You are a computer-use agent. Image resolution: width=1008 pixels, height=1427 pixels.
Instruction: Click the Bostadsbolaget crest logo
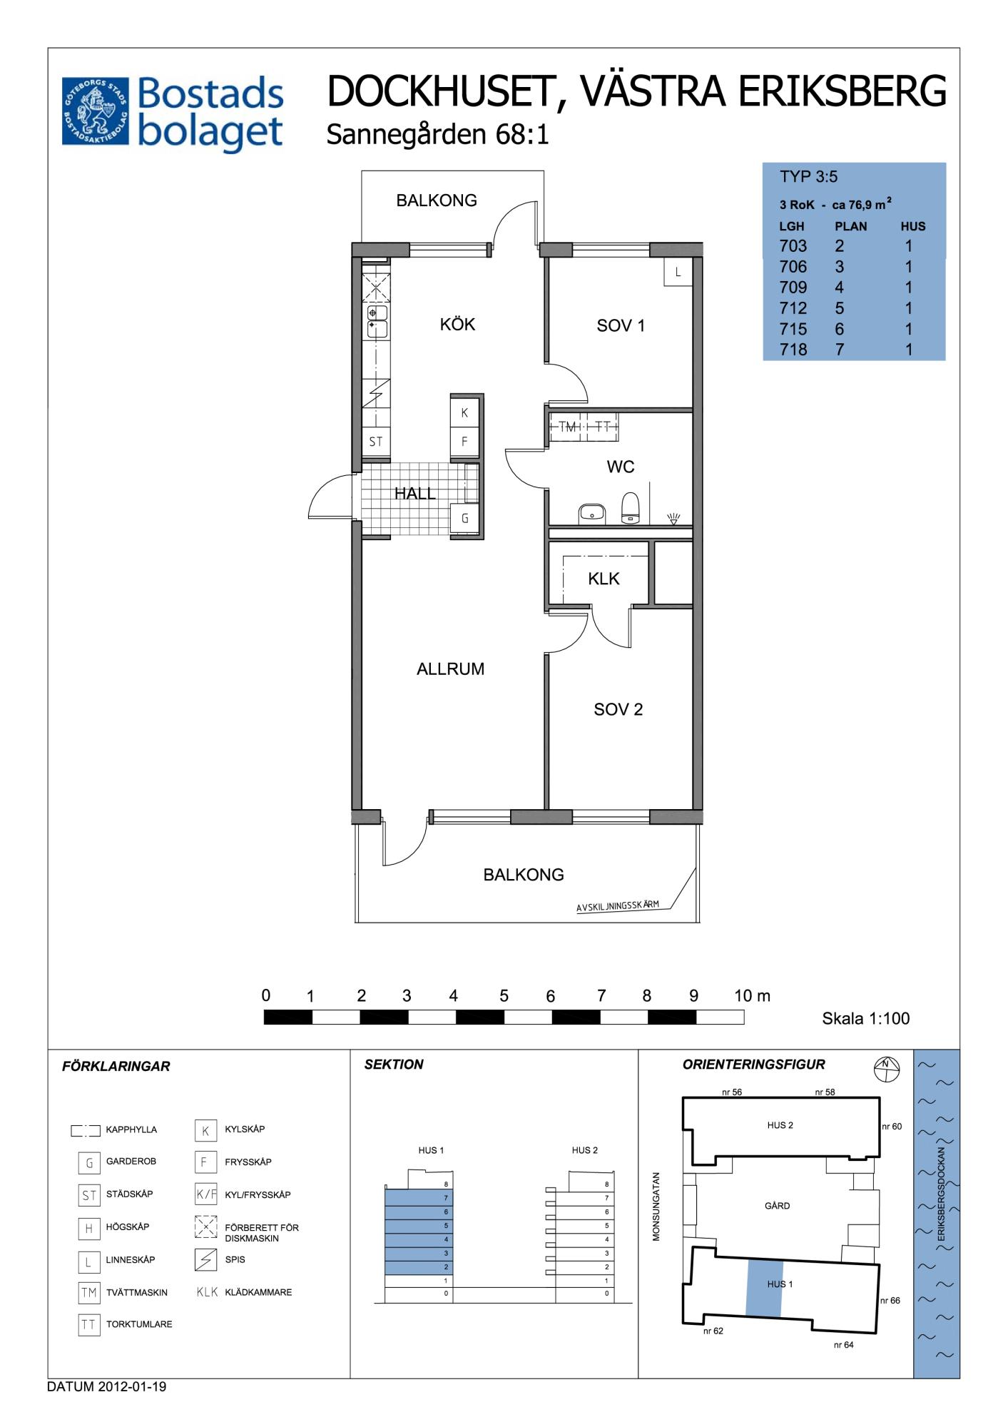tap(96, 111)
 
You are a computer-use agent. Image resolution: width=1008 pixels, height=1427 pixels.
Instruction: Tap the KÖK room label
tap(457, 325)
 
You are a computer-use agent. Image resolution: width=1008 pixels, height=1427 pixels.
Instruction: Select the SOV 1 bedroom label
tap(621, 326)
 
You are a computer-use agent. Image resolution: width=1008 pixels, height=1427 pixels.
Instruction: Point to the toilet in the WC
tap(631, 508)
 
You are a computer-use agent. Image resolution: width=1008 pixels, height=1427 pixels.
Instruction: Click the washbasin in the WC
tap(592, 512)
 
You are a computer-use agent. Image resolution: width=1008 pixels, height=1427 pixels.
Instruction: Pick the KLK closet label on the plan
tap(604, 579)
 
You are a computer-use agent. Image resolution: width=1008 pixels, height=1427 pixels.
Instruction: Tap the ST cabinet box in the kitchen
tap(376, 442)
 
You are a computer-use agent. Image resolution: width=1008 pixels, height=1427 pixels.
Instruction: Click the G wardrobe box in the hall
tap(464, 519)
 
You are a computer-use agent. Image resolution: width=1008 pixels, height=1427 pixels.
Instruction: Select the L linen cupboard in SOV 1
tap(678, 272)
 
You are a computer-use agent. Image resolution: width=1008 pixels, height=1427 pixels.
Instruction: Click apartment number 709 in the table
tap(793, 288)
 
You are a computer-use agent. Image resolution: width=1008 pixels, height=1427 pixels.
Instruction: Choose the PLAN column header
tap(851, 226)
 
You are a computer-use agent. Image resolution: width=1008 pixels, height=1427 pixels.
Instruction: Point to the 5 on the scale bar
tap(504, 996)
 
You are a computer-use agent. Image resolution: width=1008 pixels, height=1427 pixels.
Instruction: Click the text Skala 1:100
tap(866, 1018)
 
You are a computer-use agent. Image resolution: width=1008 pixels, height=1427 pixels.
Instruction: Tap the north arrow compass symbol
tap(886, 1069)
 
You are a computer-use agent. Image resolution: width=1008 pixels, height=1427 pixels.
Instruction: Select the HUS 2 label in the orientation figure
tap(780, 1125)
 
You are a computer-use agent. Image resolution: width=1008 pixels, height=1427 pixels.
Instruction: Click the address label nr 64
tap(843, 1345)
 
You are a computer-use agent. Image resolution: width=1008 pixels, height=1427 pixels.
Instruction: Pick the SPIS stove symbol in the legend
tap(205, 1260)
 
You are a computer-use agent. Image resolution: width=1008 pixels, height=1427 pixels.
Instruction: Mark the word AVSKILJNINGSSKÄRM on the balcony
tap(618, 905)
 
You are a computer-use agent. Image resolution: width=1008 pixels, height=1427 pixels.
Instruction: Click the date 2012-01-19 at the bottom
tap(132, 1387)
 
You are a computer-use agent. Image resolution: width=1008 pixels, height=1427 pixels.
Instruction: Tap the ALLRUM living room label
tap(450, 669)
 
